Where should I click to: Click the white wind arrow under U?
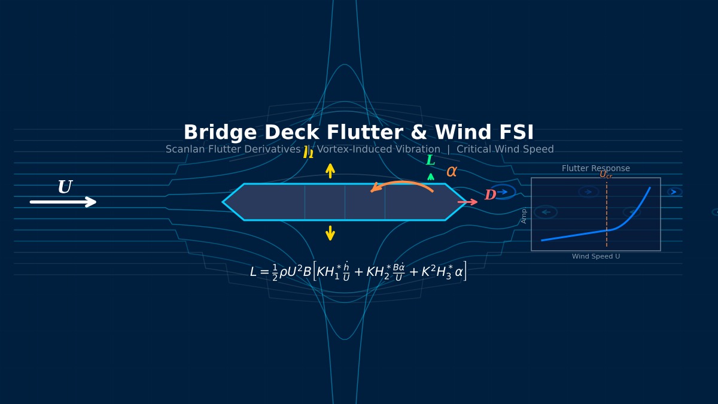tap(63, 202)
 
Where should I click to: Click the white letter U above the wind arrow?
tap(65, 188)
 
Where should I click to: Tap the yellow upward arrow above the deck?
tap(330, 171)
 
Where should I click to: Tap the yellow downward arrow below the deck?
tap(330, 233)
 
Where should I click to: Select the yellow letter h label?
tap(308, 153)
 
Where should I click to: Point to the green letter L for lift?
tap(430, 160)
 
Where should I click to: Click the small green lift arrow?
tap(431, 177)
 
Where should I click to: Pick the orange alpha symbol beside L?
tap(452, 172)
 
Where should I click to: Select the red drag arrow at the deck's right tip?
tap(467, 202)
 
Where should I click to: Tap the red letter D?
tap(490, 195)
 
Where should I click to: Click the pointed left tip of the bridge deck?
tap(224, 202)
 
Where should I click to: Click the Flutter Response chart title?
tap(595, 169)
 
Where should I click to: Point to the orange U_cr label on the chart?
tap(606, 175)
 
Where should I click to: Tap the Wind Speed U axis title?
tap(595, 257)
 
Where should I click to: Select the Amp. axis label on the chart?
tap(524, 215)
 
